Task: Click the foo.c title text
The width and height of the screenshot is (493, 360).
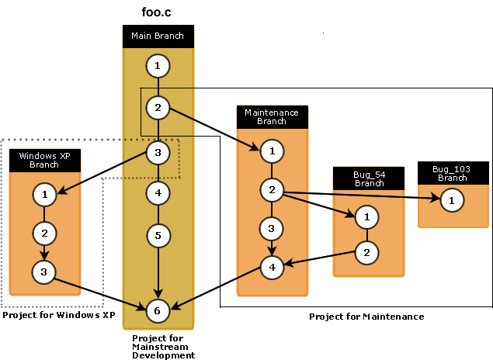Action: pos(158,13)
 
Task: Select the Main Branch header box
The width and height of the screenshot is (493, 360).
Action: pos(158,36)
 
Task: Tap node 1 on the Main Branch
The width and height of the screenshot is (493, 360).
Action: pos(158,66)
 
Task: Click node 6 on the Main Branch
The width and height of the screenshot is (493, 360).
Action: pos(158,310)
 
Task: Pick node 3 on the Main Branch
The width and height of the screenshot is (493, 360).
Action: pos(158,152)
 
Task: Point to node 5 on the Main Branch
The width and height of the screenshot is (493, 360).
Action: pos(158,234)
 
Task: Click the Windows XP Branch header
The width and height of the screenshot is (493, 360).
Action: pos(44,160)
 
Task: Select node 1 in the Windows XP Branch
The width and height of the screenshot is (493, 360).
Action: pos(44,193)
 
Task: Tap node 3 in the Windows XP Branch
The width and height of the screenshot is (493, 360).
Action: pos(44,271)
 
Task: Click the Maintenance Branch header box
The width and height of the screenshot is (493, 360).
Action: pos(272,117)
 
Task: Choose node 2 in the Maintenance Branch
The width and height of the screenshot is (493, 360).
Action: pos(272,189)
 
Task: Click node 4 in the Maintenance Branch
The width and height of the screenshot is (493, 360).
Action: pos(272,268)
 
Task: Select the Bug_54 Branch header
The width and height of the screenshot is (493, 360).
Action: pos(369,178)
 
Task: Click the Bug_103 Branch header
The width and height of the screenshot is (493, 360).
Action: pos(452,173)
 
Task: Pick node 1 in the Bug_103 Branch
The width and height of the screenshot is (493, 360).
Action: pos(452,201)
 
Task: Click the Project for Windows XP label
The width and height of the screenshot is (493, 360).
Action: pos(58,316)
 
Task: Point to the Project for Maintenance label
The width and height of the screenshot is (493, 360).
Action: pos(366,317)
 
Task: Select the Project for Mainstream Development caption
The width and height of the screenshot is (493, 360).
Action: pos(163,346)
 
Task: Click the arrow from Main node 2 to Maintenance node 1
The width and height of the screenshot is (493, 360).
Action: pos(214,129)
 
